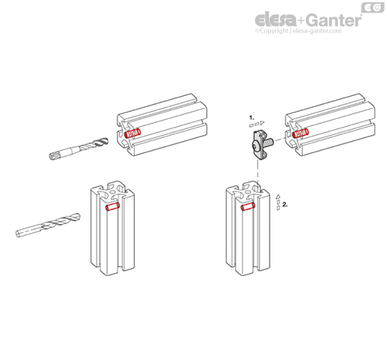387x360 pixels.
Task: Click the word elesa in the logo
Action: click(275, 20)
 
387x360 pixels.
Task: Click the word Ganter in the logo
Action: click(334, 20)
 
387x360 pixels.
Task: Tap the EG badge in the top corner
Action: click(373, 7)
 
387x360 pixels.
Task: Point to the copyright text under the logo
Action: click(298, 31)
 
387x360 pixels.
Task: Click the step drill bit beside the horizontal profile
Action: click(79, 148)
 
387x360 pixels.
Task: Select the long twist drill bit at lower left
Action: click(48, 225)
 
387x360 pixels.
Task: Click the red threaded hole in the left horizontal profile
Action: click(132, 133)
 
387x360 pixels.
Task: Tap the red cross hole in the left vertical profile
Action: click(113, 206)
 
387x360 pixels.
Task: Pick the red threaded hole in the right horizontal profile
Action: click(301, 133)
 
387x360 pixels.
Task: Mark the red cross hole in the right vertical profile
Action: click(248, 206)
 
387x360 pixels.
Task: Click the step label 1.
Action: click(251, 117)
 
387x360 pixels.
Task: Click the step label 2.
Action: click(285, 205)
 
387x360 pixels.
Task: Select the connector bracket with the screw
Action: click(261, 144)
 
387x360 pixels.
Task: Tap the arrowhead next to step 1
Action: click(262, 123)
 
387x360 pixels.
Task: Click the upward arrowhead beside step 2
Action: click(278, 197)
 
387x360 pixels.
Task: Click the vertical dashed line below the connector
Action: click(258, 174)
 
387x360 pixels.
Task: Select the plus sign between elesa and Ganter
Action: click(301, 21)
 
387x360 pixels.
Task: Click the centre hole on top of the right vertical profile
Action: click(247, 191)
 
